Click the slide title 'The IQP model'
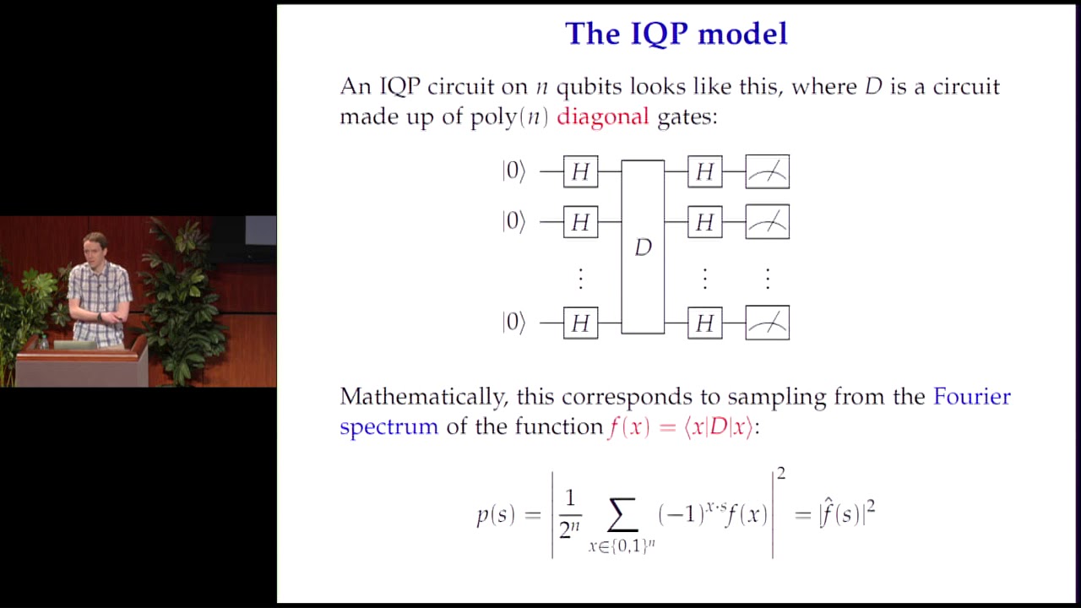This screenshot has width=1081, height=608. (676, 34)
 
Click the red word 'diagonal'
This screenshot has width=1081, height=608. (602, 117)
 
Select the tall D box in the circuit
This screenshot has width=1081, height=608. (643, 247)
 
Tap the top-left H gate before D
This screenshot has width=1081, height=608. (580, 172)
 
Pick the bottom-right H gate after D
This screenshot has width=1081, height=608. (704, 323)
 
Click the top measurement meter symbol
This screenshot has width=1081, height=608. (767, 172)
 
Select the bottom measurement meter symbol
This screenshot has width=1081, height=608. (767, 323)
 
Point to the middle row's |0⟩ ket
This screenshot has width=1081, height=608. (513, 222)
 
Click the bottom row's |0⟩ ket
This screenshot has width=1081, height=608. (513, 323)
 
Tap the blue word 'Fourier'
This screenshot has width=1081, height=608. (971, 397)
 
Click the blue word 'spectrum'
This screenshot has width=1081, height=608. (388, 427)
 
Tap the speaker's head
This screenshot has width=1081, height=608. (95, 248)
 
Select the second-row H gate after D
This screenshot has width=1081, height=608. (704, 222)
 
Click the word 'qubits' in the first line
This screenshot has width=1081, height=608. (589, 87)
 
